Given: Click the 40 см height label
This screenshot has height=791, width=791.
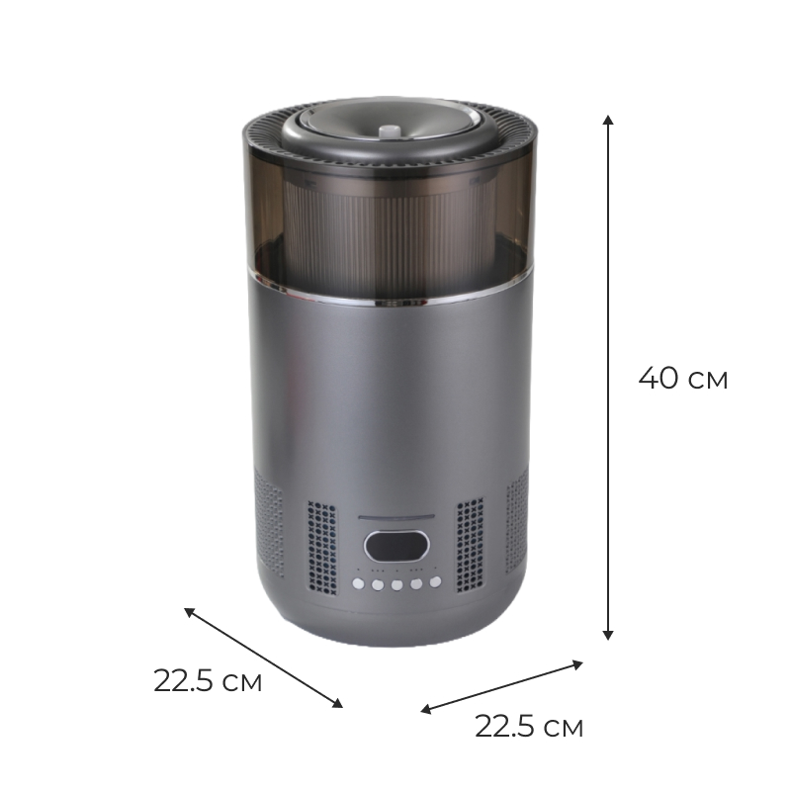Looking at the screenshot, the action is tap(683, 379).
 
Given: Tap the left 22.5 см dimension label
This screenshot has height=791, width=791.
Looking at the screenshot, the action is tap(208, 681).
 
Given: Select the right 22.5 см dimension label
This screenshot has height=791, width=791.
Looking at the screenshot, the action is tap(529, 727).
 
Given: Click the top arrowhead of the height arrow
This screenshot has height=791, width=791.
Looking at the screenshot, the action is tap(608, 120).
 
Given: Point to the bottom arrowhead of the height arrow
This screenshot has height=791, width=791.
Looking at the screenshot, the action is tap(608, 635).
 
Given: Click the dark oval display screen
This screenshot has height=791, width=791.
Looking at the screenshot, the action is tap(396, 547).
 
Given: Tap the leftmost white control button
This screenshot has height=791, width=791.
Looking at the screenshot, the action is tap(358, 583).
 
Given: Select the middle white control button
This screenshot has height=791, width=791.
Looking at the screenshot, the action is tap(397, 585).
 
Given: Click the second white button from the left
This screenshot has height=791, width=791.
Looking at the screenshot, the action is tap(378, 585).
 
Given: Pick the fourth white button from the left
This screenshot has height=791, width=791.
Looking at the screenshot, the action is tap(416, 584).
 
